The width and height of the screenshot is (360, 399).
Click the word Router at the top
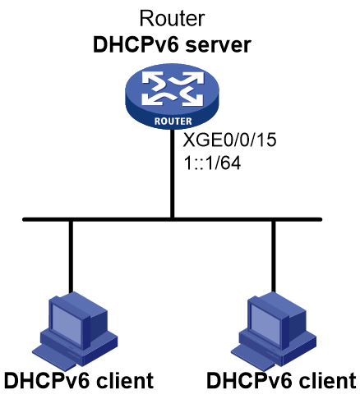pos(172,19)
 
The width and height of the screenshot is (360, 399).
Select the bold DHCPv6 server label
pos(172,45)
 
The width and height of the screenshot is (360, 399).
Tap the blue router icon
pos(172,96)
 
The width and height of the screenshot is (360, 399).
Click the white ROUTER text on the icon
pos(173,122)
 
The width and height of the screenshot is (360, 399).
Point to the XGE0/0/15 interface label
pos(229,140)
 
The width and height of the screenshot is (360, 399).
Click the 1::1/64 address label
pos(212,163)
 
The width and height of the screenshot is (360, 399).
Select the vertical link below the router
pos(172,173)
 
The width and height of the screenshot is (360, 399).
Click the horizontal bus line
pos(172,219)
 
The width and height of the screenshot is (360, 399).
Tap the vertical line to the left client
pos(71,257)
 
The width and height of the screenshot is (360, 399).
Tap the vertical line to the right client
pos(273,256)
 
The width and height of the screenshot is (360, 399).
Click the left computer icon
pos(75,331)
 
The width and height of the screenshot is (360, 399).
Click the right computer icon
pos(274,331)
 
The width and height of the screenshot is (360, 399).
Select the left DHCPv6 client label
pos(79,381)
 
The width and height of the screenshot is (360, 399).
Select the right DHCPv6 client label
pos(281,381)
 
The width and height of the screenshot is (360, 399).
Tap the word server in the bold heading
pos(219,45)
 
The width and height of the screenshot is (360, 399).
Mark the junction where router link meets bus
pos(172,219)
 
